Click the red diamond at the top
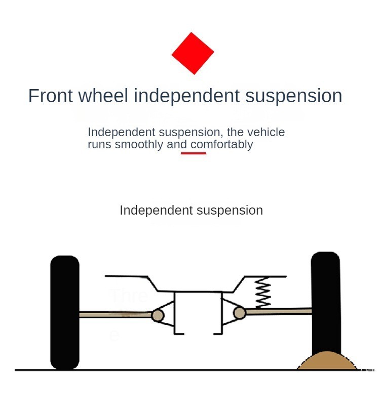[x=193, y=53]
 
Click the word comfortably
[x=221, y=145]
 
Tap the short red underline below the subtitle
[x=194, y=153]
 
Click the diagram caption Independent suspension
[x=191, y=211]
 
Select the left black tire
[x=65, y=312]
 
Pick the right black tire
[x=325, y=304]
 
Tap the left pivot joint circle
[x=158, y=316]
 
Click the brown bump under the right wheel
[x=327, y=361]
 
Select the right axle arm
[x=279, y=312]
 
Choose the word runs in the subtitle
[x=99, y=145]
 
